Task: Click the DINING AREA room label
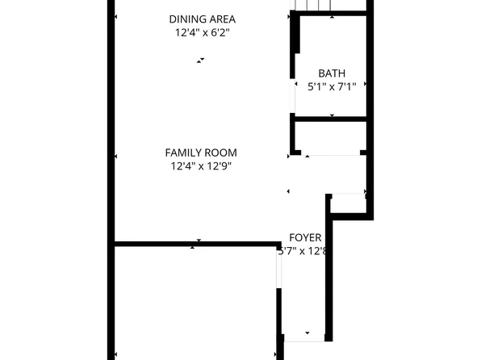(x=203, y=19)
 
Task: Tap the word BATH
(x=330, y=72)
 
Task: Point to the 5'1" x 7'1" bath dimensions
(x=332, y=86)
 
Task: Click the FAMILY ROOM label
(x=201, y=153)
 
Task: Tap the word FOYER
(x=305, y=238)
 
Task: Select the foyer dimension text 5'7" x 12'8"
(x=302, y=251)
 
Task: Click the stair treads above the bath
(x=316, y=6)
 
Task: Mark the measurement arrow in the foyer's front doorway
(x=307, y=332)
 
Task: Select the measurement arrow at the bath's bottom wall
(x=332, y=116)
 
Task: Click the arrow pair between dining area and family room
(x=199, y=60)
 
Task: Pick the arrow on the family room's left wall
(x=116, y=157)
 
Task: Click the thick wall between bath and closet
(x=331, y=121)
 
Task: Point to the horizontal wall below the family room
(x=194, y=243)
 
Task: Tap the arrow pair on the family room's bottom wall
(x=196, y=244)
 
